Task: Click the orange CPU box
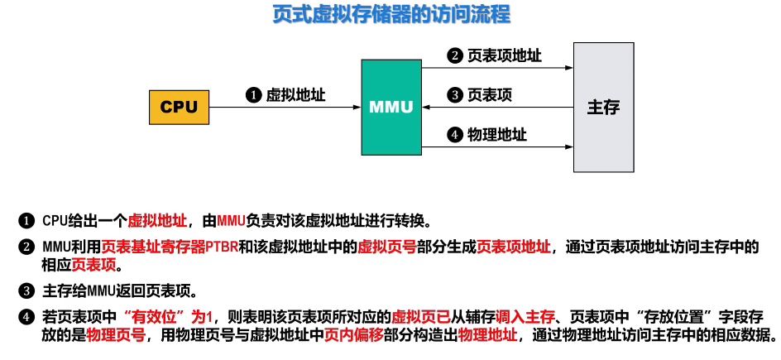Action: click(x=179, y=108)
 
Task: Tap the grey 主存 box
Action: click(x=603, y=108)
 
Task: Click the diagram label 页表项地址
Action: click(x=504, y=55)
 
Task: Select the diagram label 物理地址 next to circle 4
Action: click(x=496, y=134)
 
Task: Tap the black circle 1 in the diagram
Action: click(x=253, y=95)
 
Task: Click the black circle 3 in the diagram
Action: click(x=453, y=95)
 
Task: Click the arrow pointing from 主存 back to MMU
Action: click(x=496, y=108)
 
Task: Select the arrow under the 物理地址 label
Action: click(x=496, y=147)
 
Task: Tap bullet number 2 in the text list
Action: click(x=27, y=247)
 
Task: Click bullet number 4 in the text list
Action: click(x=27, y=317)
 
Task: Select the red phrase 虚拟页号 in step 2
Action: click(x=380, y=247)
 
